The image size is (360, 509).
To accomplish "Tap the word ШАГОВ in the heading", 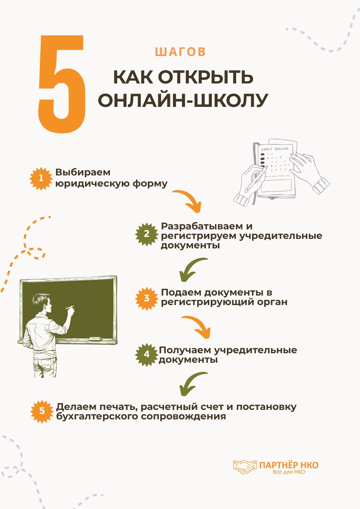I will (180, 52).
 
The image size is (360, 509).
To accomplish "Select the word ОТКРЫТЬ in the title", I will (206, 77).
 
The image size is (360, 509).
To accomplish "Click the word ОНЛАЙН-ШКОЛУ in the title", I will (183, 100).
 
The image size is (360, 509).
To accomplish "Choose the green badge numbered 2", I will (147, 234).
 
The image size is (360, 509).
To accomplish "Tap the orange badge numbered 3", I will (147, 298).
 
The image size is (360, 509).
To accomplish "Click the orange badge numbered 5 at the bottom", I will (42, 411).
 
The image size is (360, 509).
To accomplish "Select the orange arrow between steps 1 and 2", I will (188, 201).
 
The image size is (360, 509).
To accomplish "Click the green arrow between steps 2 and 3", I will (192, 269).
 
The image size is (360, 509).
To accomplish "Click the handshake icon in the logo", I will (245, 467).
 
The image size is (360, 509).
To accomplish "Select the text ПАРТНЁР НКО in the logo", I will (289, 465).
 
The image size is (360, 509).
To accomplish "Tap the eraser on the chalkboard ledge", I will (95, 339).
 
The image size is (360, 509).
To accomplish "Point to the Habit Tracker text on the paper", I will (274, 149).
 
